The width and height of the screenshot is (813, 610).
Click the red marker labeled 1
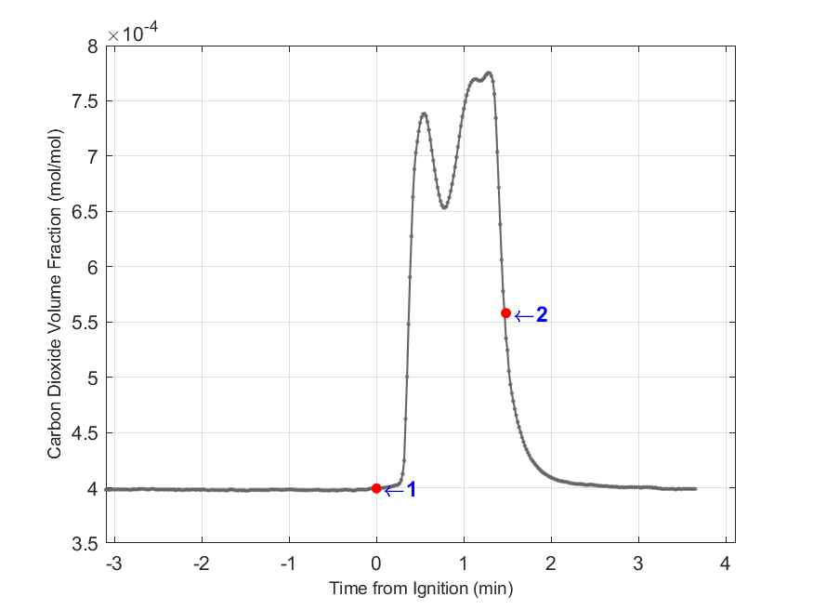(376, 488)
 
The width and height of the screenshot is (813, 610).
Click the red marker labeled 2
(505, 313)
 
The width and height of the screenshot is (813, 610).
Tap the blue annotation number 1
(411, 489)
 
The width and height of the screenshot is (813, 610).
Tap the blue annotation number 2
(541, 315)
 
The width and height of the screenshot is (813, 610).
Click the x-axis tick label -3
(113, 564)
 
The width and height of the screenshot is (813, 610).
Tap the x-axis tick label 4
(726, 564)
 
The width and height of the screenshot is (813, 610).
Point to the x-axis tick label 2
(551, 564)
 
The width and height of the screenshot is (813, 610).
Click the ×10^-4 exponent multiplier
(130, 34)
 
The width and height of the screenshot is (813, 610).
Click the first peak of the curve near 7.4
(424, 113)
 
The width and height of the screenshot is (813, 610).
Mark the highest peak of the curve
(489, 73)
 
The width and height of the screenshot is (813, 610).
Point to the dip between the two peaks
(444, 207)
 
